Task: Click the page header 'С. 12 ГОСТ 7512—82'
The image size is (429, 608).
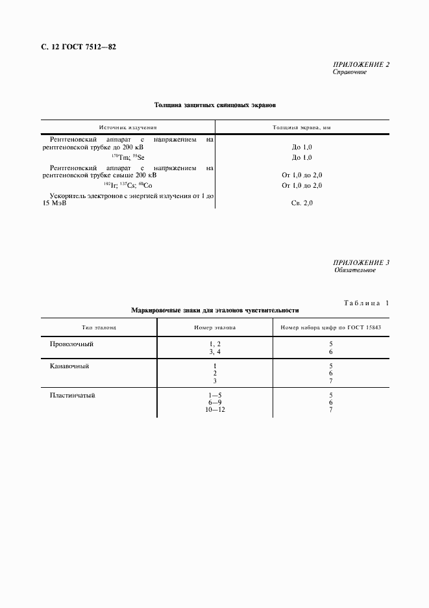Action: tap(73, 47)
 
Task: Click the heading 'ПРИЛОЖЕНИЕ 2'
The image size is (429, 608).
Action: tap(360, 65)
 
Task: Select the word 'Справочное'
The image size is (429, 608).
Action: tap(349, 72)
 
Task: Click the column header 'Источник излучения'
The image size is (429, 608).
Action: tap(128, 128)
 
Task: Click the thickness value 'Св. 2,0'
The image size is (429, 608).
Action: tap(302, 203)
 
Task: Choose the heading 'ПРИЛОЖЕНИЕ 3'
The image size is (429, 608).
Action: tap(360, 262)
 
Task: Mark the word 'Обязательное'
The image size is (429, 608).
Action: tap(354, 270)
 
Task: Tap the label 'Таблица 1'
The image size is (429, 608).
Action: tap(364, 303)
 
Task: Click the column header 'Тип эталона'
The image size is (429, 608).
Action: tap(99, 327)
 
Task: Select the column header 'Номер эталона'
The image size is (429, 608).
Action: tap(215, 327)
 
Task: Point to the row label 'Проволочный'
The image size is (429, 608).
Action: tap(72, 343)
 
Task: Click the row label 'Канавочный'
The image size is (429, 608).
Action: tap(69, 366)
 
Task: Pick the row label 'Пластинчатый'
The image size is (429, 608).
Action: tap(72, 395)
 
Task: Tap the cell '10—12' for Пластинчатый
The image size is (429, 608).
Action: tap(215, 411)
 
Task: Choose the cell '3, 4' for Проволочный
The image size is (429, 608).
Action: tap(215, 351)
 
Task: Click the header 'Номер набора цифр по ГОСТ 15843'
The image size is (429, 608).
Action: tap(330, 327)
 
